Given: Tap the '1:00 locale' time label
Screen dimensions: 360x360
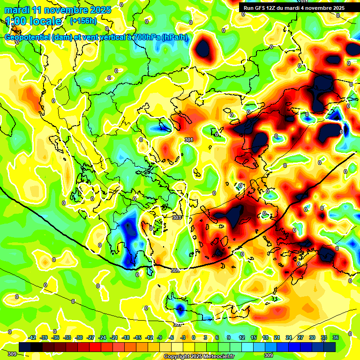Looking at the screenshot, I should click(x=33, y=21).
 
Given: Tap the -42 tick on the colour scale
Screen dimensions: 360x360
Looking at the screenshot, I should click(x=32, y=337).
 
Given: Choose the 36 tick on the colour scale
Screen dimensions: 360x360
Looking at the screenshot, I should click(x=336, y=337).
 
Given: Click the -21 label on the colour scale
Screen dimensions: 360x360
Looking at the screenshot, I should click(x=114, y=337).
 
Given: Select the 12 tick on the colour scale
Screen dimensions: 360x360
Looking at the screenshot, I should click(x=242, y=337).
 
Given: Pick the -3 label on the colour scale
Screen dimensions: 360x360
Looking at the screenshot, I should click(x=184, y=337).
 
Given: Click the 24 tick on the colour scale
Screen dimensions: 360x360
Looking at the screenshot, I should click(x=289, y=337).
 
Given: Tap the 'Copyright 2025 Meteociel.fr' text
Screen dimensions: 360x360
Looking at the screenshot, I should click(x=199, y=356).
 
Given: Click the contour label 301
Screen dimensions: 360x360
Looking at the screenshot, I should click(x=189, y=140).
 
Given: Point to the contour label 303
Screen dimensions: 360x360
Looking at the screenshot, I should click(x=176, y=217).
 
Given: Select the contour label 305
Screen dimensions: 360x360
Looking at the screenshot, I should click(x=175, y=270).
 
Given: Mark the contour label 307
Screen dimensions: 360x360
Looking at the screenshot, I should click(x=178, y=324).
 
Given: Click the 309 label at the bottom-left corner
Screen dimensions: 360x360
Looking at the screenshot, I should click(x=12, y=354).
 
